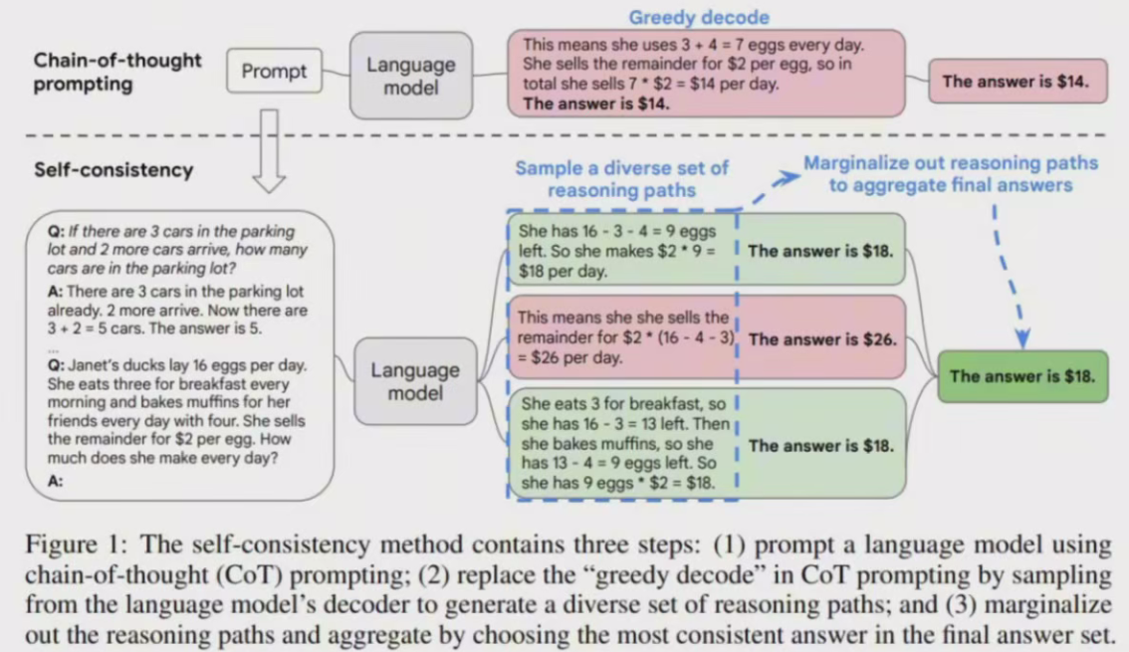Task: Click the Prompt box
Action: (x=275, y=72)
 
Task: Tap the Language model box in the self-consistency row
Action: (x=415, y=381)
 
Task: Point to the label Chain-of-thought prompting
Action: (x=117, y=72)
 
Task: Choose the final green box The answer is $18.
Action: (x=1022, y=376)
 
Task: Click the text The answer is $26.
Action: (x=822, y=339)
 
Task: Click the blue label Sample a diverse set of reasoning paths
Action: (x=621, y=178)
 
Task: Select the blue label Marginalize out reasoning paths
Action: (x=950, y=173)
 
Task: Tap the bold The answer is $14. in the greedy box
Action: (x=596, y=103)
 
